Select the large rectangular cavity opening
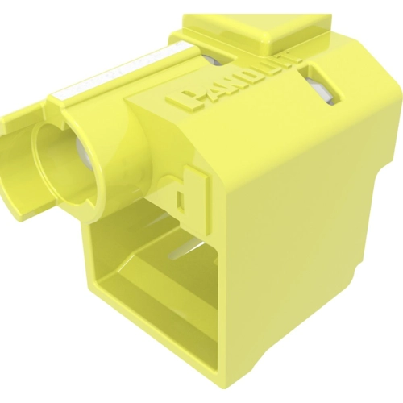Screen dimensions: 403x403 pos(153,282)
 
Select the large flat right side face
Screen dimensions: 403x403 pos(314,242)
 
